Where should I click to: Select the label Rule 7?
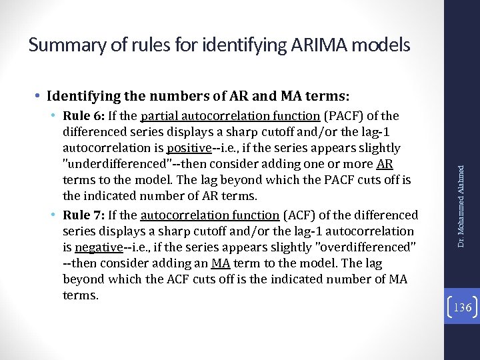tap(81, 215)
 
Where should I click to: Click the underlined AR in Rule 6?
tap(385, 165)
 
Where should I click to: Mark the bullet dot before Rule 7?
tap(53, 215)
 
